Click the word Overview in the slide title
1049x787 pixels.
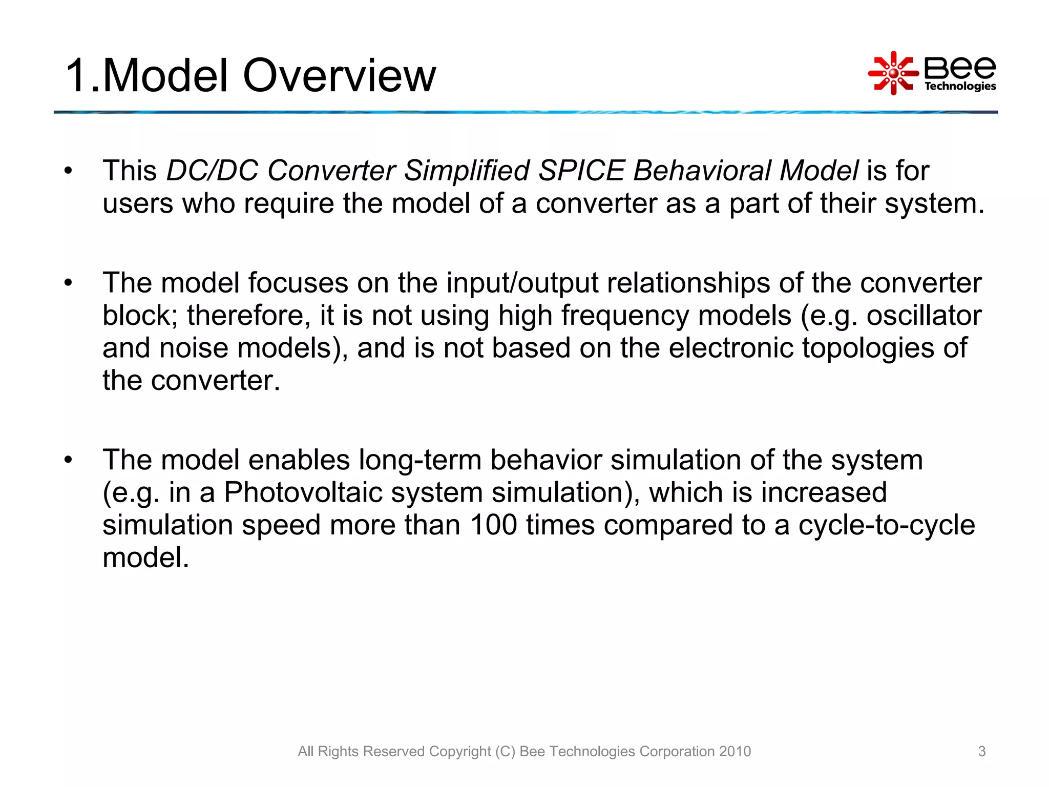pyautogui.click(x=339, y=76)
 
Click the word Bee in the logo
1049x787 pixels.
pyautogui.click(x=959, y=67)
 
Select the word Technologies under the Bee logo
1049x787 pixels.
pyautogui.click(x=960, y=86)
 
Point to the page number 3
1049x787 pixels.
pyautogui.click(x=981, y=751)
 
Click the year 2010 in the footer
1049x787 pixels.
pyautogui.click(x=735, y=751)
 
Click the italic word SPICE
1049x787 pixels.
pyautogui.click(x=581, y=171)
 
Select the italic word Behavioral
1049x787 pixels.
pyautogui.click(x=702, y=171)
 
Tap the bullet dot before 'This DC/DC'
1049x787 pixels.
pyautogui.click(x=69, y=171)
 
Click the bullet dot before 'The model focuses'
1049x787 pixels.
pyautogui.click(x=69, y=283)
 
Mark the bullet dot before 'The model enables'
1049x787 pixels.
pyautogui.click(x=69, y=460)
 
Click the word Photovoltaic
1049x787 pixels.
pyautogui.click(x=303, y=493)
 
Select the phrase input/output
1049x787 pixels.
pyautogui.click(x=522, y=283)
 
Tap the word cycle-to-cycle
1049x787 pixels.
pyautogui.click(x=886, y=525)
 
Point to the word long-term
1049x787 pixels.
pyautogui.click(x=419, y=460)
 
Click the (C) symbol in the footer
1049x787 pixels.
pyautogui.click(x=505, y=751)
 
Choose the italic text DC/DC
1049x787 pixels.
pyautogui.click(x=212, y=171)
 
